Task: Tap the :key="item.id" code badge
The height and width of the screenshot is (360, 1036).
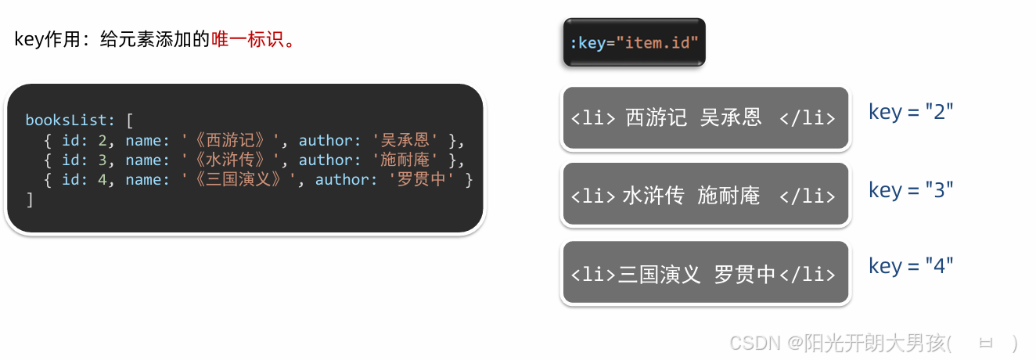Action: coord(634,42)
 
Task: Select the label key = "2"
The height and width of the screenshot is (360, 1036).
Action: coord(911,112)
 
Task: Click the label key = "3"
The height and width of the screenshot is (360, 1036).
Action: coord(911,190)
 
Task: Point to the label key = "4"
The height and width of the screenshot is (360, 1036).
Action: coord(911,266)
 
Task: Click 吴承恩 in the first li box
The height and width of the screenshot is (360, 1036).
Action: coord(731,118)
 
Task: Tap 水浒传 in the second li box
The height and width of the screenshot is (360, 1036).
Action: coord(653,196)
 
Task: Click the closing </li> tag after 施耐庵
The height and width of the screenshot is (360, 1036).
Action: coord(808,196)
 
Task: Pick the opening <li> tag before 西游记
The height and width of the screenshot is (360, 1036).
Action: coord(593,118)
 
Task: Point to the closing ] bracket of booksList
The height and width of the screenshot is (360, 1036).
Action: coord(30,200)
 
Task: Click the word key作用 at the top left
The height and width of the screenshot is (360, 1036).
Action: coord(49,40)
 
